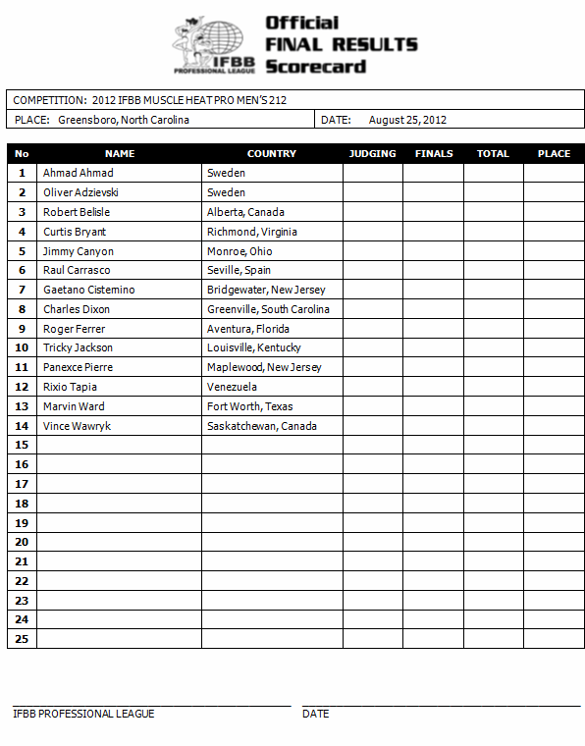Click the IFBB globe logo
tap(215, 45)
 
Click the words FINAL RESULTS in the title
tap(341, 44)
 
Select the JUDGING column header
tap(372, 154)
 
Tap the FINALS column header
tap(433, 154)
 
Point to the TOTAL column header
tap(493, 154)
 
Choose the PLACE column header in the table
tap(554, 154)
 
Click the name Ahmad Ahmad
tap(78, 174)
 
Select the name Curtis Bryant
tap(75, 232)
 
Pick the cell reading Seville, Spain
tap(239, 270)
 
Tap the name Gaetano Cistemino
tap(88, 290)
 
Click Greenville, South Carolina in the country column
tap(268, 309)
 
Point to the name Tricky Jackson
tap(78, 347)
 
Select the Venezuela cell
tap(232, 387)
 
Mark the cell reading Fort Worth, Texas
tap(249, 406)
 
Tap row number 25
tap(22, 639)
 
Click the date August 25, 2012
tap(407, 120)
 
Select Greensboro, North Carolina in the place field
tap(124, 120)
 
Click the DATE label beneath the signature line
tap(315, 714)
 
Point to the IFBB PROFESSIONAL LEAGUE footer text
tap(83, 714)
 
